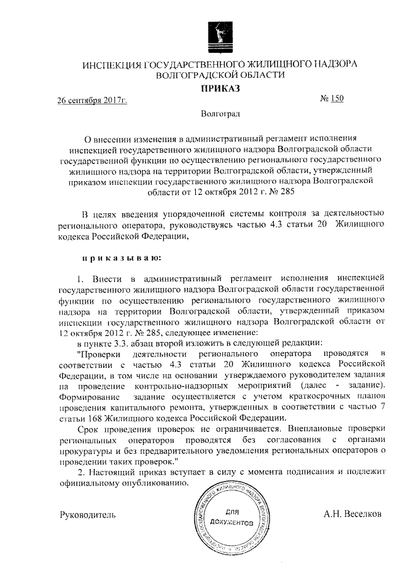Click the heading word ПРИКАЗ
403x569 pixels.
(220, 89)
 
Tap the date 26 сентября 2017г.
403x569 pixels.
(93, 101)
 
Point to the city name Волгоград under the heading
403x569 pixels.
(220, 114)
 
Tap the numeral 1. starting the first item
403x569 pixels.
(79, 277)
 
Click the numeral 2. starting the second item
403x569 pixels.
(79, 472)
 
